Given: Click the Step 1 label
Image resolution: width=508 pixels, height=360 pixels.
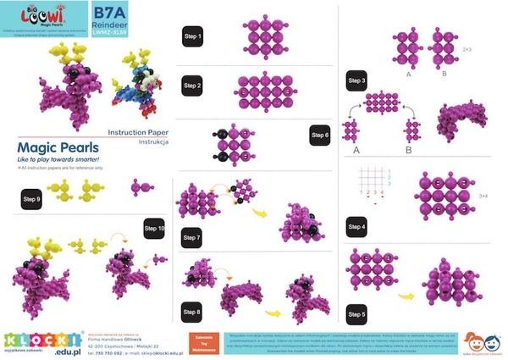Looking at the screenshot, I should coord(194,36).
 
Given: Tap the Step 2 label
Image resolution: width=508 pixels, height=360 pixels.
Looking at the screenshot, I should coord(194,85).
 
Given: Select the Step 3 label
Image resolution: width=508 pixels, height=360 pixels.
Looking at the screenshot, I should coord(357,80).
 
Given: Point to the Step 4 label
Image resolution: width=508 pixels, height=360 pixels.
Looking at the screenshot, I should coord(357,228).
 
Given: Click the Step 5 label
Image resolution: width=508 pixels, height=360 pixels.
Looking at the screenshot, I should coord(357,313).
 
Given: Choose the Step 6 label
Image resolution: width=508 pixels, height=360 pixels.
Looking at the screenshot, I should coord(320,135).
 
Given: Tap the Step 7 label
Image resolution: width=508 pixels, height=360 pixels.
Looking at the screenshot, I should coord(192,239).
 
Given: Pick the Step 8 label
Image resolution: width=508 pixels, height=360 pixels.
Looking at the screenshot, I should coord(192,313).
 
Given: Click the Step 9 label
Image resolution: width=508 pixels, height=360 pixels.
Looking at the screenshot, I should coord(32,199).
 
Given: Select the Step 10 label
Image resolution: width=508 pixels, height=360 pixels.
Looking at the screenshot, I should coord(155,229).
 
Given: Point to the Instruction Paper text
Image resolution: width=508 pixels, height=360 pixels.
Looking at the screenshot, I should coord(139,133).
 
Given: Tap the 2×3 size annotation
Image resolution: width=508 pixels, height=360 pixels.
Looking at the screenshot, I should coord(467,51).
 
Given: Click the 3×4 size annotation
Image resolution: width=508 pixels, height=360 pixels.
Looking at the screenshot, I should coord(483,196).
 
